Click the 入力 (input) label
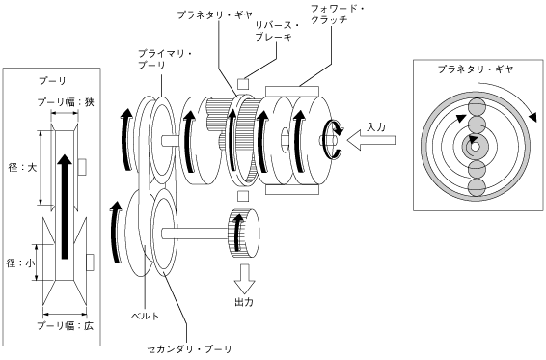point(375,126)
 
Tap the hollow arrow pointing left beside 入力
point(371,141)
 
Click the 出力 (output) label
point(243,302)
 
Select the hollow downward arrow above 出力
point(244,279)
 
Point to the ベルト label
point(146,317)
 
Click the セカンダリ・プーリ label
point(189,348)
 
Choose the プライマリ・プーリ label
point(165,60)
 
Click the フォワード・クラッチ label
point(337,14)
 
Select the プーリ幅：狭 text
point(66,102)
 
